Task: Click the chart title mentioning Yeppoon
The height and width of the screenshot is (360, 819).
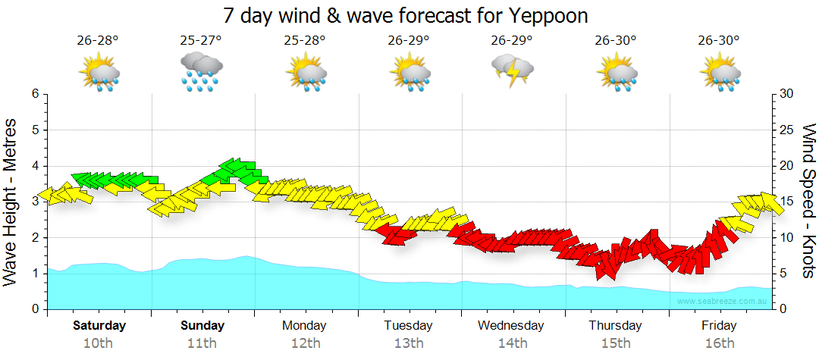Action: click(x=406, y=15)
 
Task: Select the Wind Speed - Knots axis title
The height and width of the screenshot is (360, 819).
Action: click(x=808, y=202)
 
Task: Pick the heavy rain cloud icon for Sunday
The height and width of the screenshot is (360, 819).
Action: click(x=201, y=71)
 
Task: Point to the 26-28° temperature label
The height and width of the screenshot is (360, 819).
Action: click(x=98, y=41)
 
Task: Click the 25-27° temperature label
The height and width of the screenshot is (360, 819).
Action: click(x=201, y=41)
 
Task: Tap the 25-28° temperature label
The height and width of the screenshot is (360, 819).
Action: click(x=305, y=41)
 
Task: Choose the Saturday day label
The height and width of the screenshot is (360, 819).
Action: click(x=99, y=326)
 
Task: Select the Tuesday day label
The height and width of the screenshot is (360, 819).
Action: click(x=408, y=326)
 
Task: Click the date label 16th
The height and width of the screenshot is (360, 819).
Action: click(x=719, y=343)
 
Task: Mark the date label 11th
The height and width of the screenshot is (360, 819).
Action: click(x=202, y=343)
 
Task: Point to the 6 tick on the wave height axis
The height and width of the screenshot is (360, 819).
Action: click(x=34, y=94)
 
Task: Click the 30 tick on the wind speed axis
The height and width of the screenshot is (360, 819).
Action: click(x=787, y=94)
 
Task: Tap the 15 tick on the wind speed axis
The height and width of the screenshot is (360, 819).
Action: click(x=787, y=202)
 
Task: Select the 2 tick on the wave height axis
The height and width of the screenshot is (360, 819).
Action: click(x=34, y=238)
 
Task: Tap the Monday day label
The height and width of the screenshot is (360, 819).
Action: click(x=304, y=326)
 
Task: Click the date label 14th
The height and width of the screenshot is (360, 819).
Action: click(x=512, y=343)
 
